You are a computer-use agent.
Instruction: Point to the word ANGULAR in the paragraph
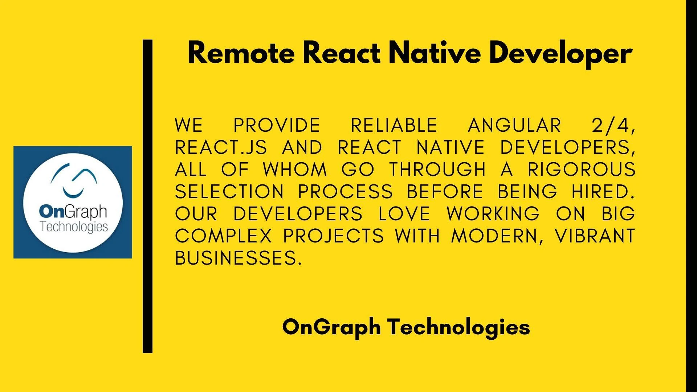click(x=514, y=125)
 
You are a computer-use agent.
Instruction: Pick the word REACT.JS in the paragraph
click(x=221, y=148)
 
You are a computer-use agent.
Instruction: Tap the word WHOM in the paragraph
click(x=295, y=170)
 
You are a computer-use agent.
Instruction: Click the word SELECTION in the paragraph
click(x=229, y=192)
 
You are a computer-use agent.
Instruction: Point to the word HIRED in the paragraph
click(x=601, y=192)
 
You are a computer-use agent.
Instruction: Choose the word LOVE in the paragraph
click(x=405, y=214)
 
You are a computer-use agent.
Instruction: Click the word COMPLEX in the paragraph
click(x=223, y=236)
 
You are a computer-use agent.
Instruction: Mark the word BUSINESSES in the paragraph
click(x=238, y=258)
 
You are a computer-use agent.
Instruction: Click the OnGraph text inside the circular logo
click(x=73, y=212)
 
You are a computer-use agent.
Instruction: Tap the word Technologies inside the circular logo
click(x=74, y=227)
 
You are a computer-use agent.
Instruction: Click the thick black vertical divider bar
click(x=148, y=196)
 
